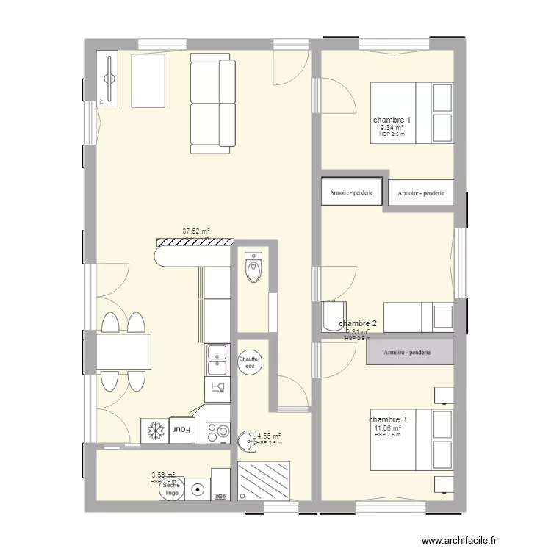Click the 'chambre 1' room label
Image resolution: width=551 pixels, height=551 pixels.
point(392,120)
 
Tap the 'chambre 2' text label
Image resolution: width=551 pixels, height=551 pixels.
point(358,323)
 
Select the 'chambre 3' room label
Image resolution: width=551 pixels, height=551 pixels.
point(388,419)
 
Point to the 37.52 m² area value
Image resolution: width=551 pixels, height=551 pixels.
point(196,231)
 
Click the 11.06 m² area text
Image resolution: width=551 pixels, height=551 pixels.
point(388,428)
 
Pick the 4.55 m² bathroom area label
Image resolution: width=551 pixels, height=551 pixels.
point(269,436)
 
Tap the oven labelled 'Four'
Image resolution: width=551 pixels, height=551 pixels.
point(181,428)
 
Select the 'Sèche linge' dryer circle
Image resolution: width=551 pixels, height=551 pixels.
point(171,489)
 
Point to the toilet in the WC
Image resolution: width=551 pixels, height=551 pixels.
point(253,268)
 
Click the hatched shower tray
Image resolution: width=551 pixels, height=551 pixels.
point(264,482)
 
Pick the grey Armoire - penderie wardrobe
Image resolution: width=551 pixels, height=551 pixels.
point(408,353)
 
